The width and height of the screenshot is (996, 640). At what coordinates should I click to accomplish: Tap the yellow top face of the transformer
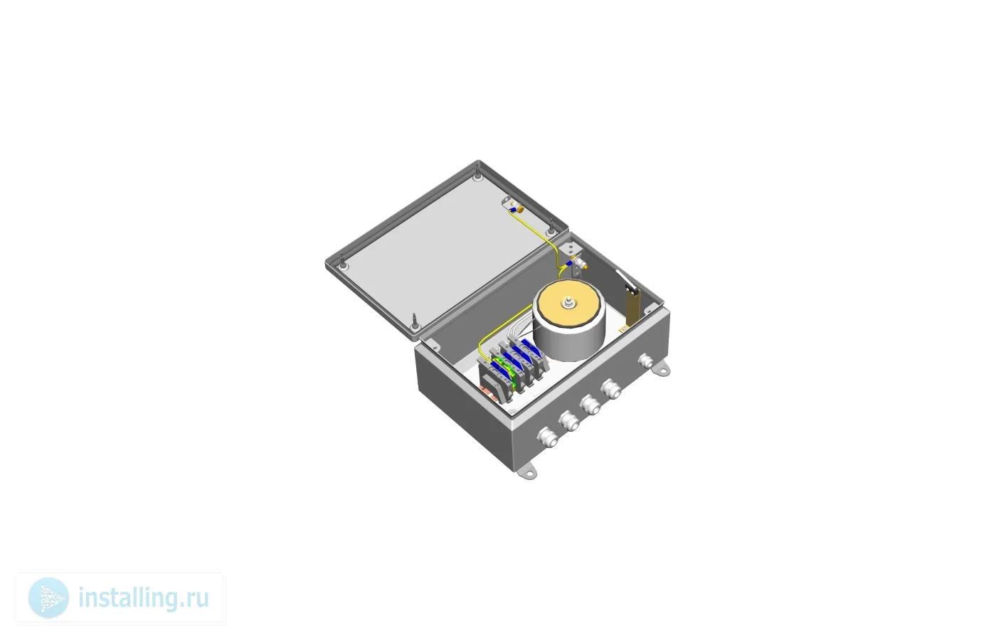tap(568, 305)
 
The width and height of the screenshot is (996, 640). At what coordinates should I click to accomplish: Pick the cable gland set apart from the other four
tap(647, 363)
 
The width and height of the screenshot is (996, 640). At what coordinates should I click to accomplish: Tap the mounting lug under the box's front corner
tap(528, 471)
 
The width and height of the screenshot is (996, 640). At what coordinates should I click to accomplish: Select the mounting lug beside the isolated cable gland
tap(662, 369)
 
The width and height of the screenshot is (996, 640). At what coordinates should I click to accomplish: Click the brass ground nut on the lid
tap(519, 208)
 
